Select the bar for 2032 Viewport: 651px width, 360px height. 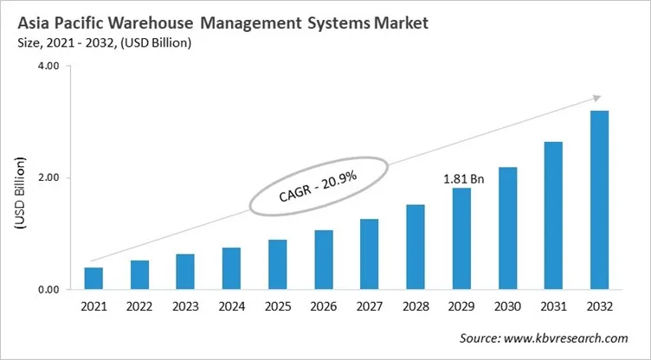pos(599,200)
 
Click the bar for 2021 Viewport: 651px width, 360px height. pos(93,279)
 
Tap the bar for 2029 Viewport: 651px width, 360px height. pos(461,239)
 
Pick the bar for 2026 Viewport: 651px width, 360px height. pos(324,260)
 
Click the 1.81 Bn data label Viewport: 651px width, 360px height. pos(461,180)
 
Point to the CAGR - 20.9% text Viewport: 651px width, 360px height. pos(319,186)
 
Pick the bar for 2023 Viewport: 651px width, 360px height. pos(185,272)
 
